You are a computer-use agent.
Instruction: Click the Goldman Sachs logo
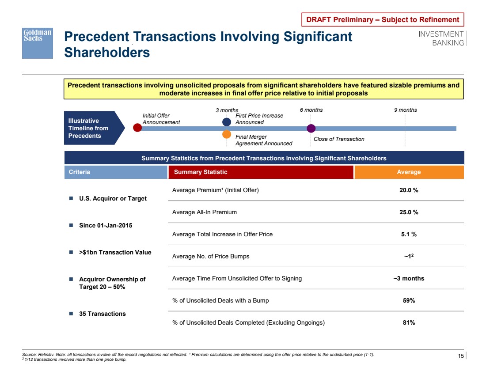pyautogui.click(x=38, y=43)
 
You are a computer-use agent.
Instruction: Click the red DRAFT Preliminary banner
pyautogui.click(x=383, y=19)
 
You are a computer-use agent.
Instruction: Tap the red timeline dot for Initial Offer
pyautogui.click(x=137, y=128)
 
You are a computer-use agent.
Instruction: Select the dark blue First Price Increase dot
pyautogui.click(x=227, y=121)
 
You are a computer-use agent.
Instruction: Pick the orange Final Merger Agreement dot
pyautogui.click(x=227, y=134)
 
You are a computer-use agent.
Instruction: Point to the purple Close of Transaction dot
pyautogui.click(x=311, y=128)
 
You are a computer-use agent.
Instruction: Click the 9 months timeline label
pyautogui.click(x=405, y=110)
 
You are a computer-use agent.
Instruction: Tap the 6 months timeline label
pyautogui.click(x=311, y=110)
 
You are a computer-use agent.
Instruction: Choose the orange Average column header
pyautogui.click(x=409, y=172)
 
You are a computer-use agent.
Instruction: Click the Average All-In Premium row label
pyautogui.click(x=205, y=212)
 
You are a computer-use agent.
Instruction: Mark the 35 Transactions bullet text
pyautogui.click(x=102, y=314)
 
